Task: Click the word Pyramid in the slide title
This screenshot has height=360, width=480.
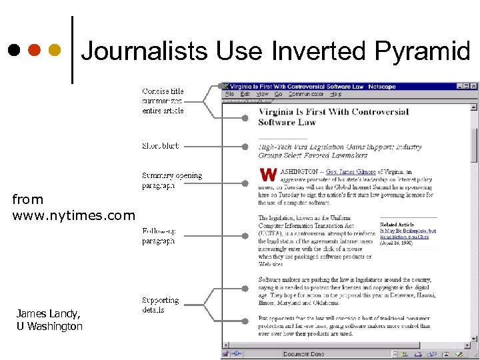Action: click(x=423, y=51)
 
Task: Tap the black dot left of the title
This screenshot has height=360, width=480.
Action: click(x=13, y=50)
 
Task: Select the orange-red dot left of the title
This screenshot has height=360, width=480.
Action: click(x=34, y=50)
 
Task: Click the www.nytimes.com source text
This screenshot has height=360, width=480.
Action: click(x=73, y=215)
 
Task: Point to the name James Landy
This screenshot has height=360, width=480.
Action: click(x=48, y=313)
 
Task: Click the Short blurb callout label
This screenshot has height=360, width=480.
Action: click(x=160, y=145)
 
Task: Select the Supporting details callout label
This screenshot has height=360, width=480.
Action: click(x=160, y=305)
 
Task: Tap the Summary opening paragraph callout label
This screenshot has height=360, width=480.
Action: click(x=171, y=181)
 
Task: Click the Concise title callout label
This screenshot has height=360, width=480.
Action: click(x=163, y=101)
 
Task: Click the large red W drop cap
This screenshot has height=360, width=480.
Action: click(x=268, y=175)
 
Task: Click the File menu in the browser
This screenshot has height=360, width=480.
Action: click(x=229, y=95)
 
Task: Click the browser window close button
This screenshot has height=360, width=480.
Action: click(x=474, y=86)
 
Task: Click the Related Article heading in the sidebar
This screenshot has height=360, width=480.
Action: click(x=397, y=225)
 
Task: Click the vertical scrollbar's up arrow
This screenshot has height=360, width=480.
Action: click(x=474, y=105)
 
